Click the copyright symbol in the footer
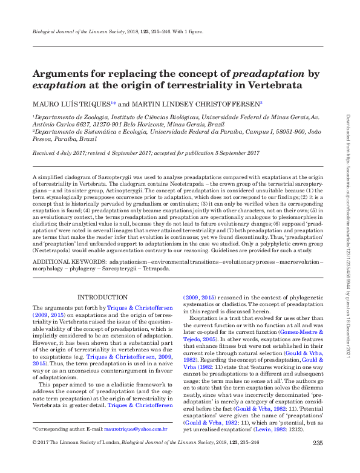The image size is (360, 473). pos(34,461)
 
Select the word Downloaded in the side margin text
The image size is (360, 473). pos(348,125)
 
